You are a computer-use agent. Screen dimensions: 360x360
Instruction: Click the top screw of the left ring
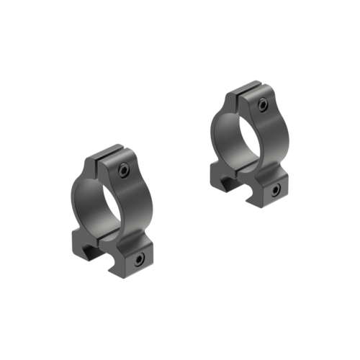click(x=124, y=170)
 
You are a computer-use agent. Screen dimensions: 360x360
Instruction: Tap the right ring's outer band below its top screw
click(x=269, y=130)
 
